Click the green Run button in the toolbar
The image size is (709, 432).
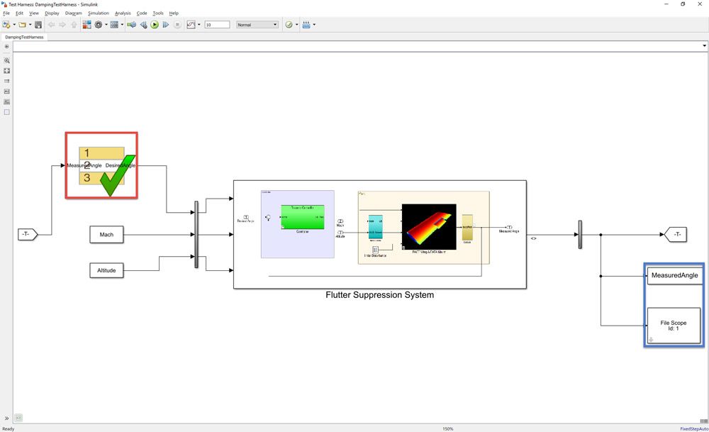coord(155,25)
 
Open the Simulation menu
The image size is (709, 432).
coord(99,13)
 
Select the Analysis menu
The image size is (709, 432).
coord(123,13)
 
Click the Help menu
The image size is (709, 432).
coord(174,13)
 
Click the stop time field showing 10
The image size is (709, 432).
coord(217,25)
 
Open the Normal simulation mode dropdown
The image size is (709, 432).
coord(257,25)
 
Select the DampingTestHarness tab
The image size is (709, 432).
coord(23,37)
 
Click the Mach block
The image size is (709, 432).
coord(106,235)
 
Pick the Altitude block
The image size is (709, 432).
coord(106,270)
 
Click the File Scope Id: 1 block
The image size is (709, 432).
coord(674,326)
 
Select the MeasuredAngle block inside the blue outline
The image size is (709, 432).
coord(674,275)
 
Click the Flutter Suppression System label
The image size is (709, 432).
coord(379,295)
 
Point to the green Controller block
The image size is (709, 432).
coord(303,217)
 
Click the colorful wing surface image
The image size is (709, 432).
coord(428,229)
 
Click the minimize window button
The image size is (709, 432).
coord(663,4)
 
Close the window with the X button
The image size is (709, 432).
coord(700,4)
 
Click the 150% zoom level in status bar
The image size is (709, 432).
coord(448,428)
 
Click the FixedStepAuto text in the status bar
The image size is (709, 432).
coord(693,428)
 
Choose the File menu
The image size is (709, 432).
coord(6,13)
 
